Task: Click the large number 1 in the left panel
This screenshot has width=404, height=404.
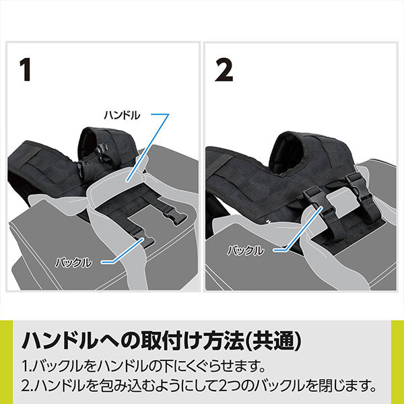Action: click(x=26, y=69)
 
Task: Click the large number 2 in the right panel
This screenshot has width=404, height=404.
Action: click(x=224, y=69)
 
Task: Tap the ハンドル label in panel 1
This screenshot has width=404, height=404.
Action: click(x=122, y=115)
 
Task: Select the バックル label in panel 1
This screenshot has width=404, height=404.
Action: click(x=73, y=263)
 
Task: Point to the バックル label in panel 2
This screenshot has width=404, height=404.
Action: click(x=246, y=250)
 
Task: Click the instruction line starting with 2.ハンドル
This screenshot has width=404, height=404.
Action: click(x=198, y=386)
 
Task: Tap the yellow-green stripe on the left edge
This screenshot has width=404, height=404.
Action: click(x=7, y=362)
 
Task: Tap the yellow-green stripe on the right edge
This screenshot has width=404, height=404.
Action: click(x=397, y=362)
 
